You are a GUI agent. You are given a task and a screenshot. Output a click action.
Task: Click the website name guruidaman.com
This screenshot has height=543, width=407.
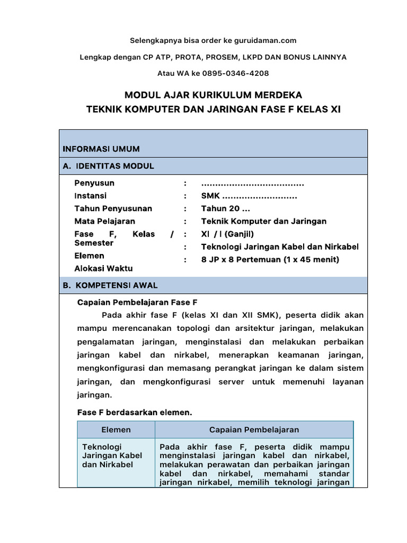(263, 40)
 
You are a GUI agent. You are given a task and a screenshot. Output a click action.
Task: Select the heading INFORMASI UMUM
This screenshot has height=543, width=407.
(101, 149)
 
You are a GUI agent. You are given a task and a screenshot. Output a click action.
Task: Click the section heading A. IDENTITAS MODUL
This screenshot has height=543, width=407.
(108, 166)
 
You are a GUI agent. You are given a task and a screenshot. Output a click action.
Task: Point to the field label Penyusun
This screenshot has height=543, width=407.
(94, 183)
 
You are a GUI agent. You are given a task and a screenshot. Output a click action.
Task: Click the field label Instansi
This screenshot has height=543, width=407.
(91, 196)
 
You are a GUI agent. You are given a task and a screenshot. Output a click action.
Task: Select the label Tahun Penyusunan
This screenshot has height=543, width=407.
(113, 208)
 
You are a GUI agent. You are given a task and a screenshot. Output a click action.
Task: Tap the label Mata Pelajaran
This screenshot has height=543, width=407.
(104, 221)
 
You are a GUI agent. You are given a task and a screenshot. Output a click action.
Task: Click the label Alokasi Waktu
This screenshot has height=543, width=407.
(103, 268)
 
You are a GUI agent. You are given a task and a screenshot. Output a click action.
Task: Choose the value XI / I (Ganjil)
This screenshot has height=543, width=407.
(228, 234)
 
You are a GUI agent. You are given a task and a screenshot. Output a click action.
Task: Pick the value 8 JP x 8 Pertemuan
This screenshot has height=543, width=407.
(241, 259)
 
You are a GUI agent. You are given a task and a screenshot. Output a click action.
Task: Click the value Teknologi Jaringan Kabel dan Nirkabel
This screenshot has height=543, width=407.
(280, 247)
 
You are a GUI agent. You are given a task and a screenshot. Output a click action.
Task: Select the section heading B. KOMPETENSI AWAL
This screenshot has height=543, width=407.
(110, 285)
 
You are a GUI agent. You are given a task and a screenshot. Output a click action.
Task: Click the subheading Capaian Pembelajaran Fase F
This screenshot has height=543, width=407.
(137, 302)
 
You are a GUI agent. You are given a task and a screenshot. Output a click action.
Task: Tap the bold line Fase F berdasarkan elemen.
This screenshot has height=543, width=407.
(135, 411)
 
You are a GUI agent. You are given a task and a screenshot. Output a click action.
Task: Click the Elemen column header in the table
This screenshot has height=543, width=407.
(116, 430)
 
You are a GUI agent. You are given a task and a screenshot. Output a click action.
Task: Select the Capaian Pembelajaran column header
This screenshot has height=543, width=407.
(254, 430)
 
